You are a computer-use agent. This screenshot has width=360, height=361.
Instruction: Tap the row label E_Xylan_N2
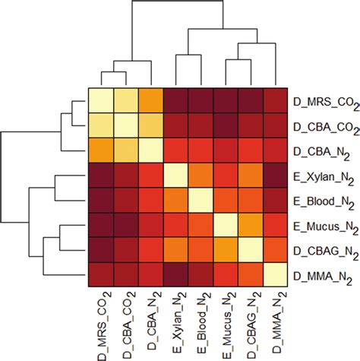coord(324,176)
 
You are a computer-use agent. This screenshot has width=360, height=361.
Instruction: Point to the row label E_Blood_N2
coord(324,201)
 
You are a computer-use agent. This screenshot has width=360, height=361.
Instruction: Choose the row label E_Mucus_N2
coord(324,226)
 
